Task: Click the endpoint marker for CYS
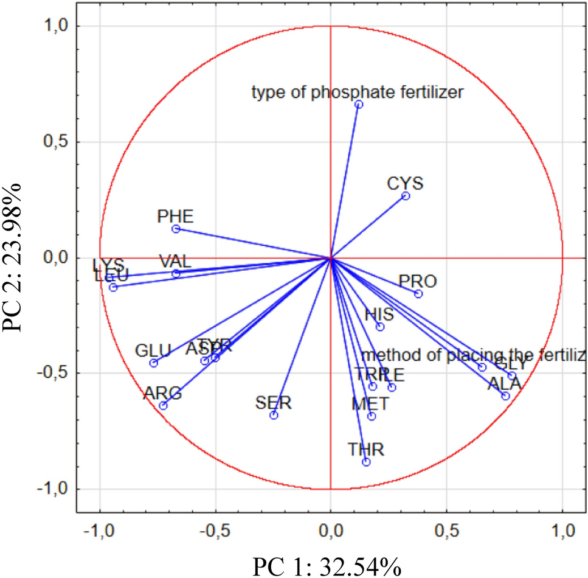pyautogui.click(x=406, y=196)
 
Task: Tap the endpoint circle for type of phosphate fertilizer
pyautogui.click(x=359, y=105)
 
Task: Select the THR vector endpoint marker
pyautogui.click(x=366, y=462)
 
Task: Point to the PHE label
pyautogui.click(x=175, y=216)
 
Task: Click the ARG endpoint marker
pyautogui.click(x=163, y=406)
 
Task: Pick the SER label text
pyautogui.click(x=274, y=402)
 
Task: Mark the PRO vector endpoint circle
pyautogui.click(x=418, y=294)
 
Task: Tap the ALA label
pyautogui.click(x=505, y=384)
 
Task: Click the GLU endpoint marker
pyautogui.click(x=153, y=363)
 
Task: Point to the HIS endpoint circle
pyautogui.click(x=380, y=327)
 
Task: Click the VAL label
pyautogui.click(x=175, y=262)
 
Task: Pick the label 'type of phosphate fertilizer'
pyautogui.click(x=358, y=92)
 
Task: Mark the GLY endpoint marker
pyautogui.click(x=512, y=376)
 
